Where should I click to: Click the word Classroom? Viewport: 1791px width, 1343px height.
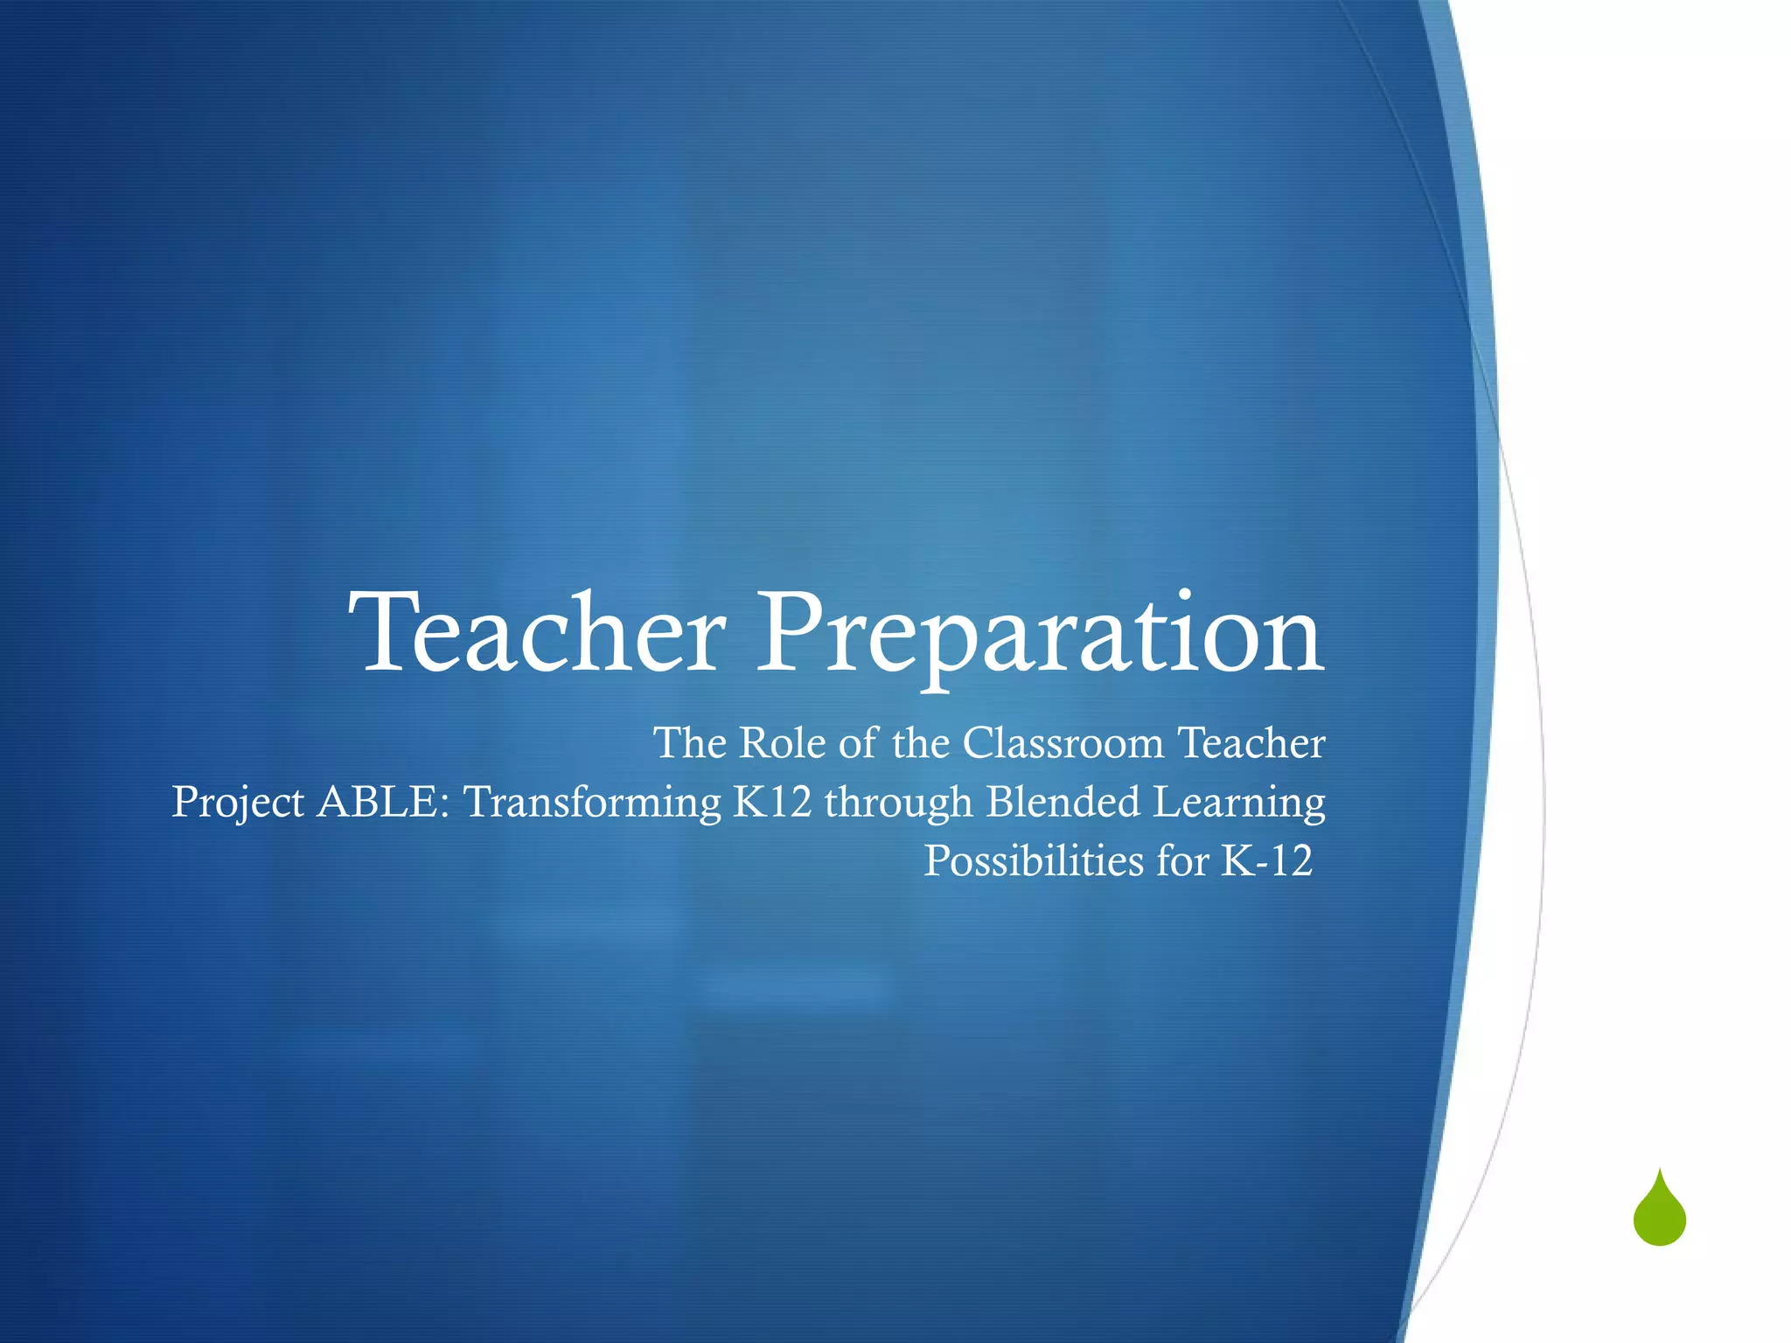pyautogui.click(x=1063, y=743)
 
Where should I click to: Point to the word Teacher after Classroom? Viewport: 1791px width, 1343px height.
pyautogui.click(x=1251, y=743)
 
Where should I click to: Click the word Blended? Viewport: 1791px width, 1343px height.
pyautogui.click(x=1063, y=802)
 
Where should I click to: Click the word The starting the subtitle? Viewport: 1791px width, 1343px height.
pyautogui.click(x=690, y=743)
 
